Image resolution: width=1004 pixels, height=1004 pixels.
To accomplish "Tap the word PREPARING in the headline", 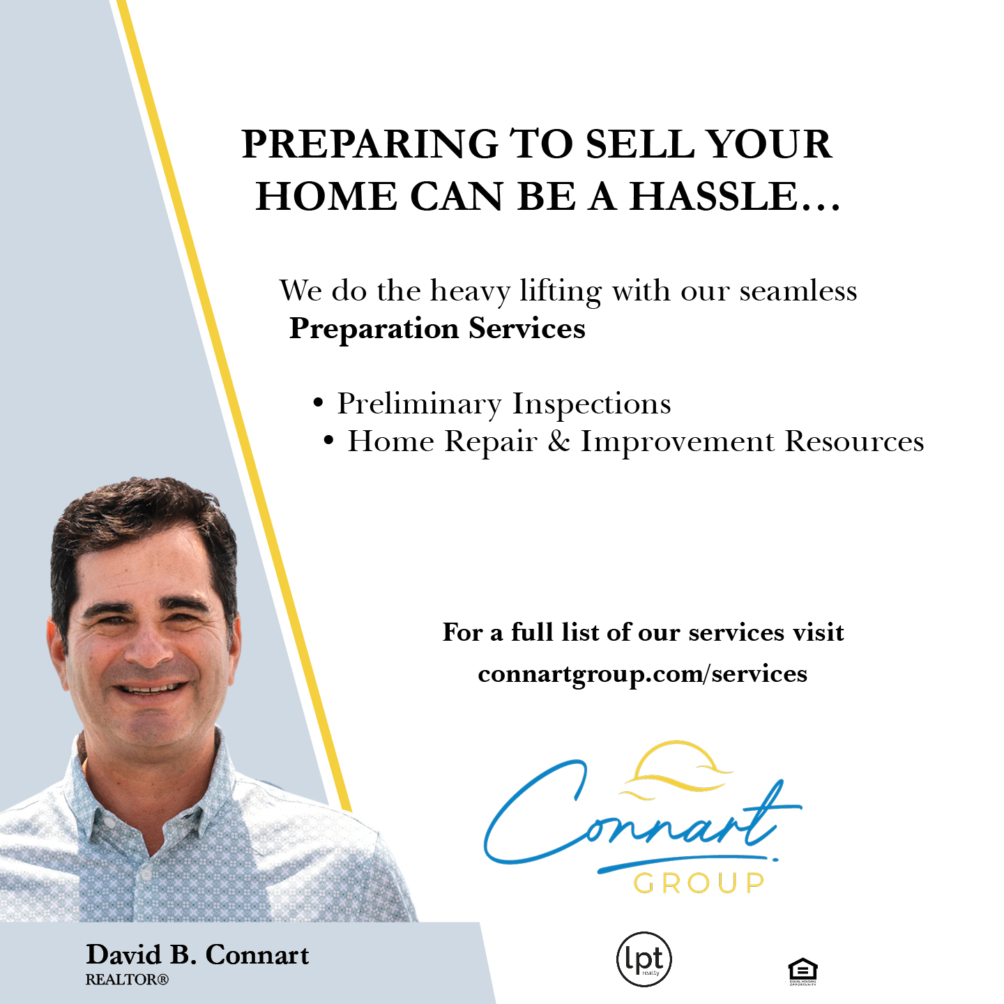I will pyautogui.click(x=370, y=144).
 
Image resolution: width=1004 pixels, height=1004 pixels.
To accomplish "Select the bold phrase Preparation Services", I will pyautogui.click(x=437, y=328).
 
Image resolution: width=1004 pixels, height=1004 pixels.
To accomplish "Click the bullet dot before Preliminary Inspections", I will pyautogui.click(x=319, y=403).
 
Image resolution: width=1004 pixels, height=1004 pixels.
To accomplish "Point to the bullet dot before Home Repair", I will pyautogui.click(x=329, y=441).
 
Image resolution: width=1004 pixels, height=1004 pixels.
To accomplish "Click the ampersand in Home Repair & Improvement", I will pyautogui.click(x=558, y=441).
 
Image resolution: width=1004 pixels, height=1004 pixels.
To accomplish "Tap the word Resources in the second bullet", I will pyautogui.click(x=854, y=441).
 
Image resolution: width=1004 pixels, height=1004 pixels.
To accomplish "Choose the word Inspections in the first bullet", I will pyautogui.click(x=591, y=404).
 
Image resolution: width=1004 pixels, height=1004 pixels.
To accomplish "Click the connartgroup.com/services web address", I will pyautogui.click(x=642, y=674).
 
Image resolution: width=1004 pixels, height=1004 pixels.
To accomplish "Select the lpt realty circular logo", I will pyautogui.click(x=644, y=959).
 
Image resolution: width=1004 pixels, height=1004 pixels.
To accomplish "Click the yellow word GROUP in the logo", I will pyautogui.click(x=699, y=883).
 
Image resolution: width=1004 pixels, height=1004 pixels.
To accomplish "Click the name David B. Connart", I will pyautogui.click(x=197, y=954).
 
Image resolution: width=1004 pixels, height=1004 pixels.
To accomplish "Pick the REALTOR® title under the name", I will pyautogui.click(x=127, y=980).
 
